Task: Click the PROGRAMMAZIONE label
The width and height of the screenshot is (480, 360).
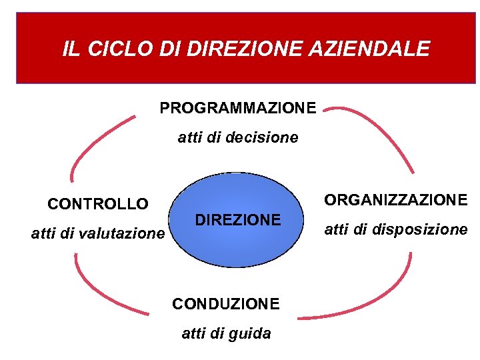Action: tap(238, 107)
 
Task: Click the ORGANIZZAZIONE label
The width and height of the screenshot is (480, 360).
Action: tap(395, 199)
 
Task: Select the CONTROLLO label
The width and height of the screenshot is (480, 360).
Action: tap(98, 203)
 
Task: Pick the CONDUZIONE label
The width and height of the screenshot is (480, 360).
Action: tap(225, 304)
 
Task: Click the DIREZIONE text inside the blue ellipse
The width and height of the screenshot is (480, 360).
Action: tap(237, 220)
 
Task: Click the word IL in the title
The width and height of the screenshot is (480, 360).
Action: tap(69, 49)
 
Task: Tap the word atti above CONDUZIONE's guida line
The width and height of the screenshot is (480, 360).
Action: tap(193, 333)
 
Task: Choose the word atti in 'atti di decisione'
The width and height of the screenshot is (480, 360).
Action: tap(189, 138)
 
